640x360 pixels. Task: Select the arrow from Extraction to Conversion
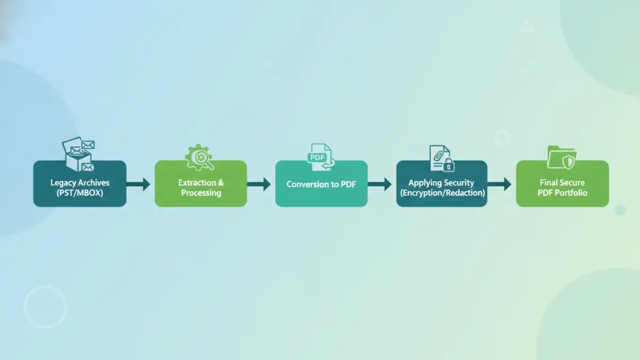(260, 185)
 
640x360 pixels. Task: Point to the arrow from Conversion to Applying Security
(380, 185)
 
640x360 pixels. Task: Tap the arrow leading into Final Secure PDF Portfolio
(500, 185)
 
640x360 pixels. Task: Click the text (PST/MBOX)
(79, 193)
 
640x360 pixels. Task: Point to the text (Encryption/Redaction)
(443, 193)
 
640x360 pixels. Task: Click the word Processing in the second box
(201, 193)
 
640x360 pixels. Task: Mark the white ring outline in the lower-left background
(45, 307)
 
